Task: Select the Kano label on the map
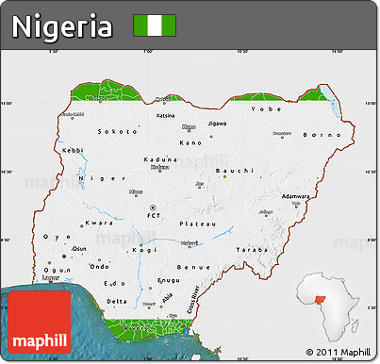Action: (191, 143)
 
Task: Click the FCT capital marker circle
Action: (153, 206)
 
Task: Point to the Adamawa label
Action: (296, 196)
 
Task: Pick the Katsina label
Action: (166, 116)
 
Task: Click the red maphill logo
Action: (40, 325)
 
